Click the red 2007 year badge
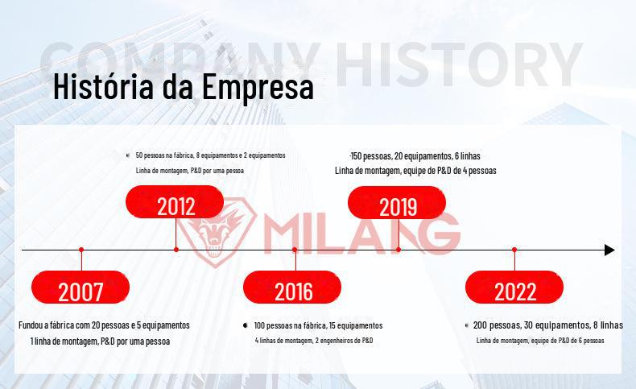(81, 288)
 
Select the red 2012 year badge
(175, 201)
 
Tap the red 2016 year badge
(292, 288)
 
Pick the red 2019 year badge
(397, 202)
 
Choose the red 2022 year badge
(514, 288)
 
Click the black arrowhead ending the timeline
(609, 250)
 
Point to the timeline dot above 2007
(81, 250)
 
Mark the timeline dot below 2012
(176, 250)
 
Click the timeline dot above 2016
(295, 250)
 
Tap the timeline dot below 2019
(399, 250)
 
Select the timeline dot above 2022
(514, 250)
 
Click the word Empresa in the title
(258, 87)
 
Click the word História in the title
(103, 86)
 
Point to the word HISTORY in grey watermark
(459, 64)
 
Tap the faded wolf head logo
(216, 232)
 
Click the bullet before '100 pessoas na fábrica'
(245, 325)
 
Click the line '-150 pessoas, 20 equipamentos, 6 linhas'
(415, 156)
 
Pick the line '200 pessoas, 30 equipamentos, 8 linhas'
(548, 325)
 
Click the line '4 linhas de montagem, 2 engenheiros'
(314, 341)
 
